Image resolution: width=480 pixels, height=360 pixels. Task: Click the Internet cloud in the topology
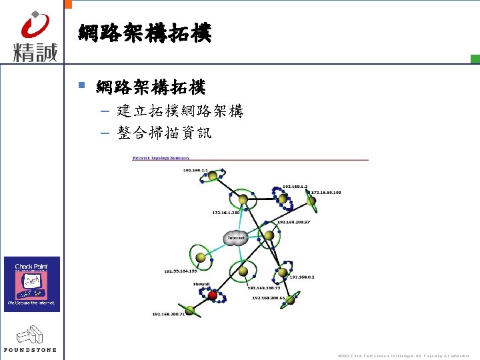click(x=237, y=238)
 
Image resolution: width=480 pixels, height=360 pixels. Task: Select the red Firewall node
click(x=213, y=295)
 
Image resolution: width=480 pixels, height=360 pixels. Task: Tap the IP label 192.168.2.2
click(x=196, y=171)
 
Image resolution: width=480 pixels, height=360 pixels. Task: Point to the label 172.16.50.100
click(x=326, y=193)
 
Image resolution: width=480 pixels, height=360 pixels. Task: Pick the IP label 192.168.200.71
click(x=168, y=313)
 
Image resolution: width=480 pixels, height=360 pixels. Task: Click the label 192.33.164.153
click(x=181, y=271)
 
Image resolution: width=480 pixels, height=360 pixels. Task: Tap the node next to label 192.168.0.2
click(x=283, y=272)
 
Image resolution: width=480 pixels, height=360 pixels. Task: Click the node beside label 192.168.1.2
click(x=283, y=198)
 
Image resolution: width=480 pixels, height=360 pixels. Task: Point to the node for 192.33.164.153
click(x=200, y=257)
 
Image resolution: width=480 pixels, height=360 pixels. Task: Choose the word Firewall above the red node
click(x=202, y=285)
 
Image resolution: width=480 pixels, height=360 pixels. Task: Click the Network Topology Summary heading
click(x=161, y=158)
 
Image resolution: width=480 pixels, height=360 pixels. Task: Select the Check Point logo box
click(x=32, y=284)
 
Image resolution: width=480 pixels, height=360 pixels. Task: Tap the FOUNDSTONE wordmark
click(x=30, y=349)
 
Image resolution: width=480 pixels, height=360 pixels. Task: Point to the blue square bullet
click(x=82, y=85)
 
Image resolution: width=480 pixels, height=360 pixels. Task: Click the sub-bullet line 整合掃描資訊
click(x=164, y=133)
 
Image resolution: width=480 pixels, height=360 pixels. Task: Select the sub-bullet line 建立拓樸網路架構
click(x=180, y=111)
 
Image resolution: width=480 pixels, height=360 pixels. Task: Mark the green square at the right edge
click(x=475, y=59)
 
